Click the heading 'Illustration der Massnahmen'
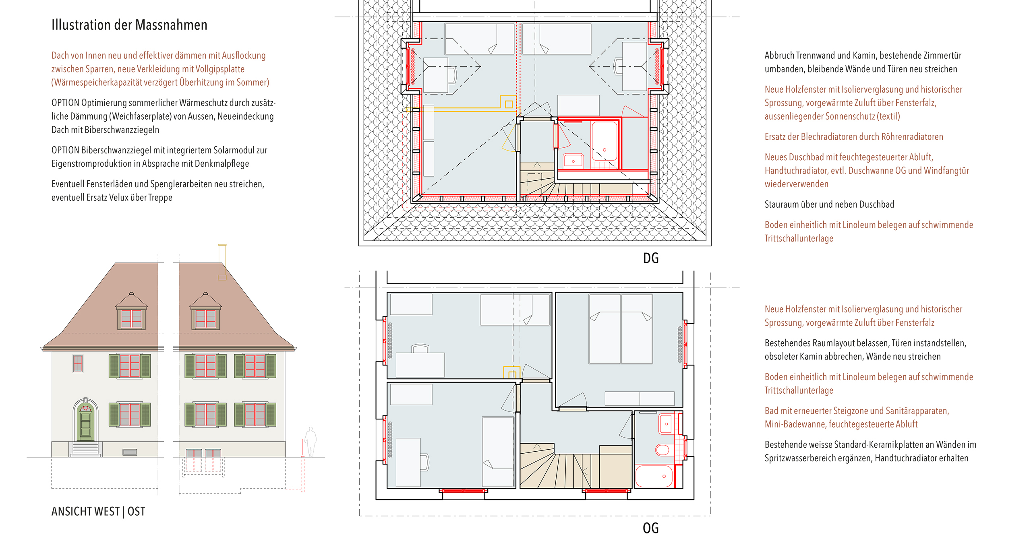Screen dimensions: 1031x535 tap(129, 25)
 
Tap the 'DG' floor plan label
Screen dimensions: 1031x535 tap(650, 258)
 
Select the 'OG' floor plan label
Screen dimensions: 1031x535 tap(650, 528)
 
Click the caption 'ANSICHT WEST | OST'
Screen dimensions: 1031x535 tap(98, 511)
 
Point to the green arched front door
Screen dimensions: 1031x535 tap(85, 421)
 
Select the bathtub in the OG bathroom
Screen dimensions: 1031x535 tap(654, 476)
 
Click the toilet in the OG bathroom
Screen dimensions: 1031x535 tap(662, 450)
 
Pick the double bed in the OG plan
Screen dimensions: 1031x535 tap(621, 329)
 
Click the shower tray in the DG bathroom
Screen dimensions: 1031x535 tap(604, 141)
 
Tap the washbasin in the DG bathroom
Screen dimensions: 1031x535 tap(573, 160)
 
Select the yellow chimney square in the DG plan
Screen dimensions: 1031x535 tap(509, 104)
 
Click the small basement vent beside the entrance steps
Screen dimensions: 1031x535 tap(130, 452)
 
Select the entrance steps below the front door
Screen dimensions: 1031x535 tap(85, 449)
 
